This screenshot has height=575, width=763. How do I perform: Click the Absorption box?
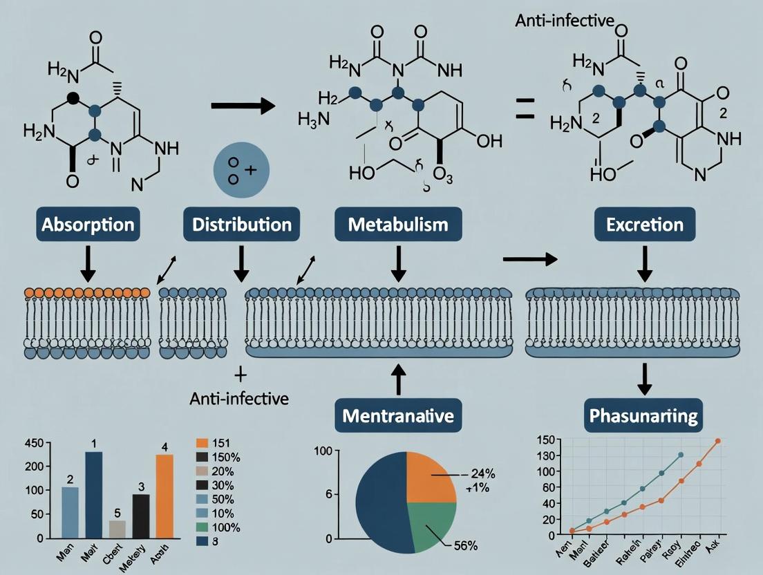(x=87, y=225)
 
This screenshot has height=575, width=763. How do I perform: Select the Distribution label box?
(x=241, y=225)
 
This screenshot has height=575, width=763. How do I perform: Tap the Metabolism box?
(x=398, y=225)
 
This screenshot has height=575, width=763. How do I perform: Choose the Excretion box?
(x=643, y=225)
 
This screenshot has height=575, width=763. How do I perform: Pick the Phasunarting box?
(x=643, y=416)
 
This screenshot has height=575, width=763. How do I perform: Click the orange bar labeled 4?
(x=164, y=496)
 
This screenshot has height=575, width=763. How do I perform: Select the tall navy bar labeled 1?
(x=93, y=494)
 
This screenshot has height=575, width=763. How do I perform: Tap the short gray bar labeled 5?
(x=117, y=529)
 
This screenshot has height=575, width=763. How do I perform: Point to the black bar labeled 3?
(x=141, y=516)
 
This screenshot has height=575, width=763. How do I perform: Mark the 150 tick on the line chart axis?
(x=547, y=440)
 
